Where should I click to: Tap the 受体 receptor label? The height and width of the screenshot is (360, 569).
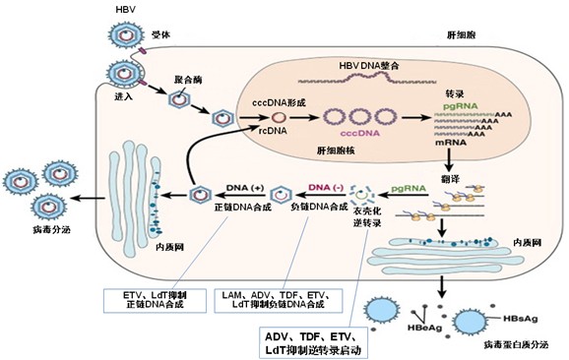point(159,33)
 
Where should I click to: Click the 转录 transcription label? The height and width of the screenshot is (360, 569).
point(455,95)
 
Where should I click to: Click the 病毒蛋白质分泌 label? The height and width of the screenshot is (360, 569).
point(514,347)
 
